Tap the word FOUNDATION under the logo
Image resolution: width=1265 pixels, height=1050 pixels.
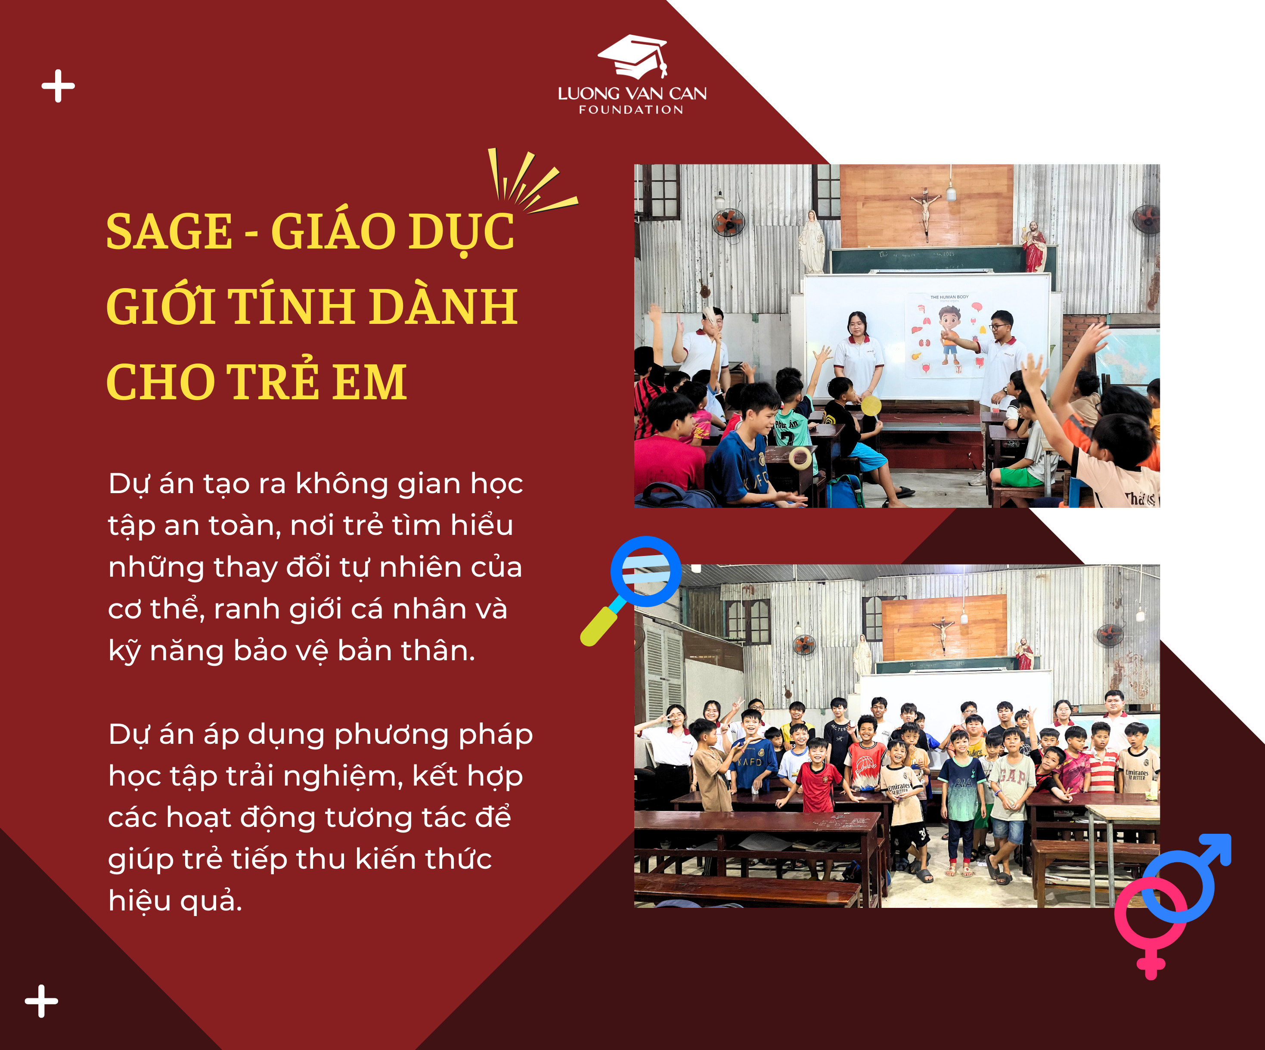click(x=631, y=110)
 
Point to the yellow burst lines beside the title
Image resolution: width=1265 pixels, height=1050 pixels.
click(x=530, y=181)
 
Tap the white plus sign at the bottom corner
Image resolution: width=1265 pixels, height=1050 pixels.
click(x=42, y=1001)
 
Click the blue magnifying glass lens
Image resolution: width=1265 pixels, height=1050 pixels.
click(x=646, y=571)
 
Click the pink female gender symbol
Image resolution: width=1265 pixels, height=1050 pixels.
click(x=1150, y=922)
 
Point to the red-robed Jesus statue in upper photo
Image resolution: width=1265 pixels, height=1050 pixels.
click(x=1034, y=246)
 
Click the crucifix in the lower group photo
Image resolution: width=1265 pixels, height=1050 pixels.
click(x=943, y=635)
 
